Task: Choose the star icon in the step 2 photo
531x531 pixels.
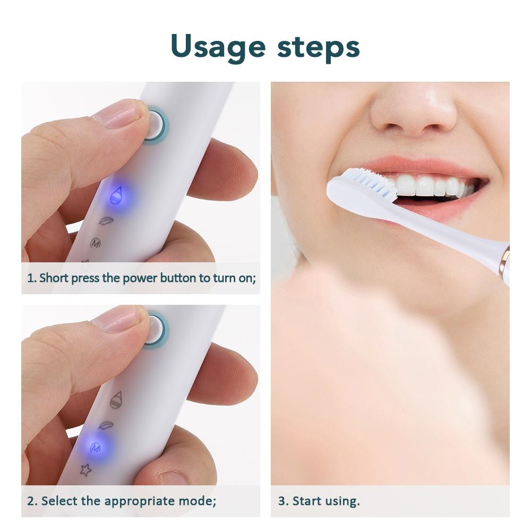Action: pyautogui.click(x=85, y=469)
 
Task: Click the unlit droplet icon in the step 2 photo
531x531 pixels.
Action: pyautogui.click(x=116, y=400)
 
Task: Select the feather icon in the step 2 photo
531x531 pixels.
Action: pyautogui.click(x=106, y=425)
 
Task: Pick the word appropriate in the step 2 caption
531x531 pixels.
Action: pyautogui.click(x=141, y=501)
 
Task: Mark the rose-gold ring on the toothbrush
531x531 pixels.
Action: pyautogui.click(x=503, y=260)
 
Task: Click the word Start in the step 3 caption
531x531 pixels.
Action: pyautogui.click(x=306, y=501)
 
